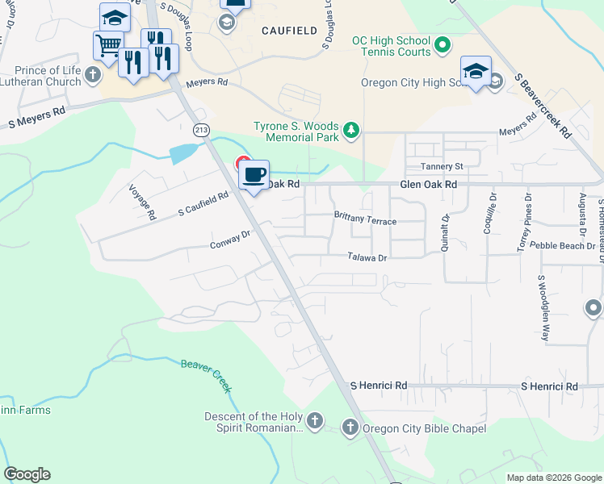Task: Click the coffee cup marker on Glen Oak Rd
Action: (254, 175)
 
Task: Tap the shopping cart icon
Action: (108, 46)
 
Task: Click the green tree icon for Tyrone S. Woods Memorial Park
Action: (350, 129)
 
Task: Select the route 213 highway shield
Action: (200, 129)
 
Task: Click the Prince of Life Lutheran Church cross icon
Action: (93, 76)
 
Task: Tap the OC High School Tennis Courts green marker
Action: (442, 44)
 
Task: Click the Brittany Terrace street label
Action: (365, 219)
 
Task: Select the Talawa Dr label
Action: (368, 258)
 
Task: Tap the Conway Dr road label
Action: (231, 240)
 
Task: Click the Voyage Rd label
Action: (142, 202)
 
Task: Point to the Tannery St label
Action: (442, 167)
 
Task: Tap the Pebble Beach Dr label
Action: (567, 245)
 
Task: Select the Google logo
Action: (27, 474)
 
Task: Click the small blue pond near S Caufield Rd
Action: (183, 152)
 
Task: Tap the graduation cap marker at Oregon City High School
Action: (476, 71)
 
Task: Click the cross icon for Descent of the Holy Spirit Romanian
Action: (315, 420)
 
